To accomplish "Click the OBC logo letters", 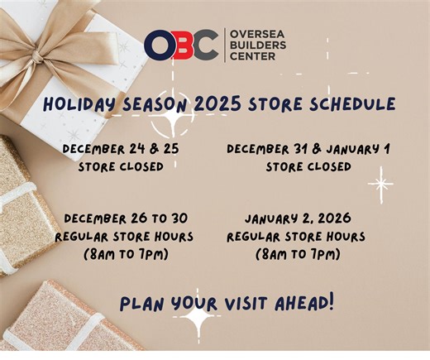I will point(180,46).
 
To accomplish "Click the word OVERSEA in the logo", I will point(253,35).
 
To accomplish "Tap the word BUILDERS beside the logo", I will point(254,46).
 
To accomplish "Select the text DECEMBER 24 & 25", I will point(121,149).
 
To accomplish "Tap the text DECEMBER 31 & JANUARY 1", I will point(308,149).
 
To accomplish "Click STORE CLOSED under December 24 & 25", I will point(121,166).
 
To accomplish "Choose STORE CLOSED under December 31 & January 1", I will point(308,166).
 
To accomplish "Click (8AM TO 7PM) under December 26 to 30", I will point(126,253).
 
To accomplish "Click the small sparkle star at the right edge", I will point(380,184).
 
